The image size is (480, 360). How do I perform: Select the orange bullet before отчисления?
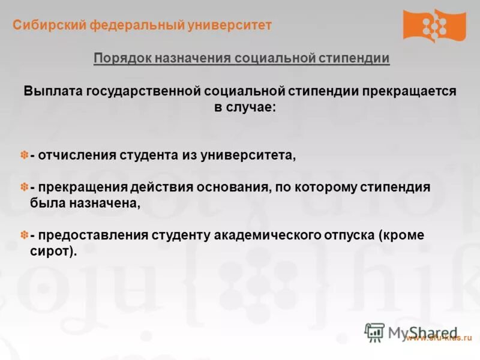click(25, 155)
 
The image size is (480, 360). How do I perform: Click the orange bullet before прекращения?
click(25, 187)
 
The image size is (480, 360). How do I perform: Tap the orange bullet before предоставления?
click(25, 235)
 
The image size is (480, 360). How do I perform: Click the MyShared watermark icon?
click(374, 332)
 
